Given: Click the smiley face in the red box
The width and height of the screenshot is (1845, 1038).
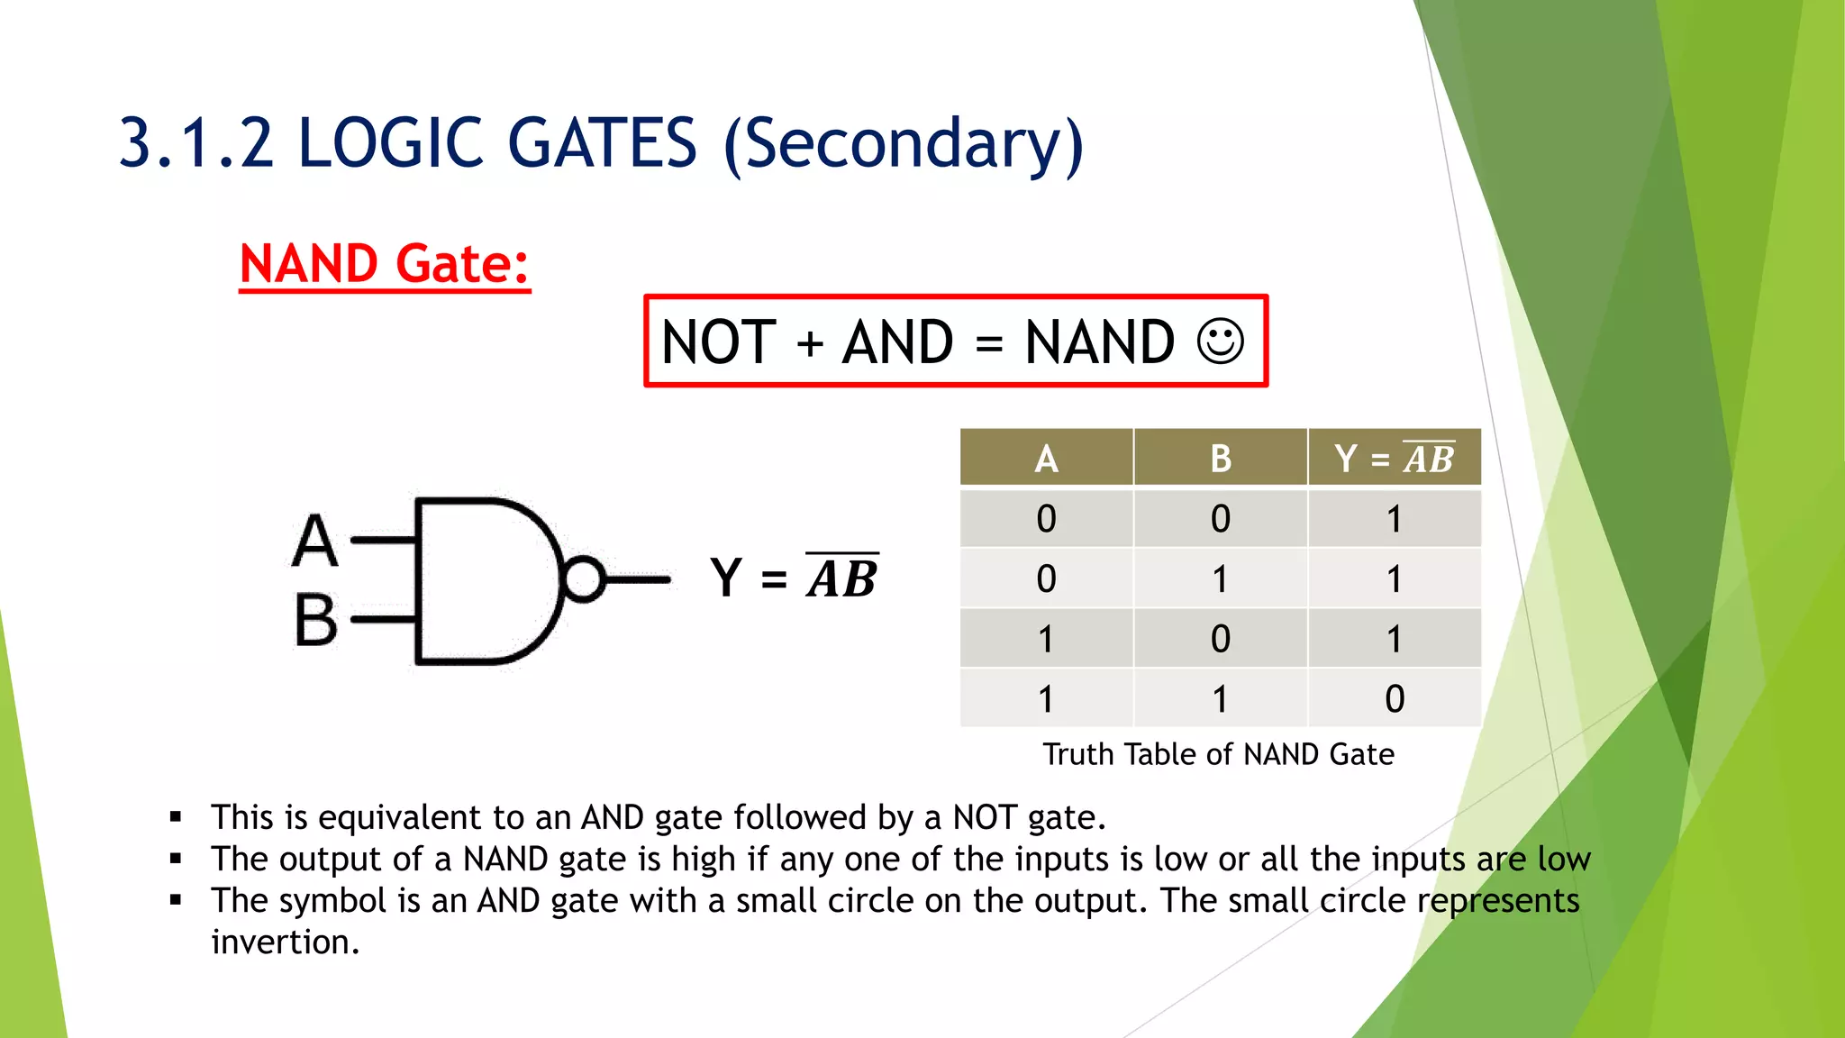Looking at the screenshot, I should (x=1221, y=341).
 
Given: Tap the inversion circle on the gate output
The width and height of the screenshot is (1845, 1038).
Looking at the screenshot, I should (x=584, y=579).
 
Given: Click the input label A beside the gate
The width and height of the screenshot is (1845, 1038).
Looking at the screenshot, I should (x=315, y=541).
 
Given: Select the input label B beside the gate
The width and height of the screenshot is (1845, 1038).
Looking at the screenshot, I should (x=315, y=620).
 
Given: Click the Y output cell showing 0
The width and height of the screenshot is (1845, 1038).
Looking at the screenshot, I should (x=1394, y=698).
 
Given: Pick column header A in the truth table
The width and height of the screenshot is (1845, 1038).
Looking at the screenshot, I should (x=1046, y=459).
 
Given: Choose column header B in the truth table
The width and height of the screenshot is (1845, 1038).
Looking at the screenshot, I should (x=1220, y=459).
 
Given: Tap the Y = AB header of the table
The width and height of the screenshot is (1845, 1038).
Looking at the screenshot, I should (x=1394, y=459).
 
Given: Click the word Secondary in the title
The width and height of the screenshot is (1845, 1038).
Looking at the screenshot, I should (x=904, y=144).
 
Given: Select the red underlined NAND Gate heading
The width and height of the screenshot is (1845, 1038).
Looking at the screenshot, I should (x=385, y=264).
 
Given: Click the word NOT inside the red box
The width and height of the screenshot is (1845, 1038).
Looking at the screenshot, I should (x=718, y=342).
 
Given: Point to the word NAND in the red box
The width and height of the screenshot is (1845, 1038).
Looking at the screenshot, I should (x=1099, y=342).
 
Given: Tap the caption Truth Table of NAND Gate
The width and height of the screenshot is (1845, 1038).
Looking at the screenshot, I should (x=1218, y=754).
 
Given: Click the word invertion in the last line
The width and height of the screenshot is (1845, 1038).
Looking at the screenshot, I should (x=285, y=942).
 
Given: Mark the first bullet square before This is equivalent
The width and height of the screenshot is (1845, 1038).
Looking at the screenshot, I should (x=176, y=818).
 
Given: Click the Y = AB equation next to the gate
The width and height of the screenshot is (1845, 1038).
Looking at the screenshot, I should (x=794, y=578).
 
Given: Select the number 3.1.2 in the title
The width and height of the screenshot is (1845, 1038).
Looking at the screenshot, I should (x=196, y=144).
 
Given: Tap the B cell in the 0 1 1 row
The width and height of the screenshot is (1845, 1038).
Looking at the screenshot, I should (x=1220, y=578).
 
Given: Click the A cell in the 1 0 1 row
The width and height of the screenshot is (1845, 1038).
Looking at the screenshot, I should (x=1046, y=639).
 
